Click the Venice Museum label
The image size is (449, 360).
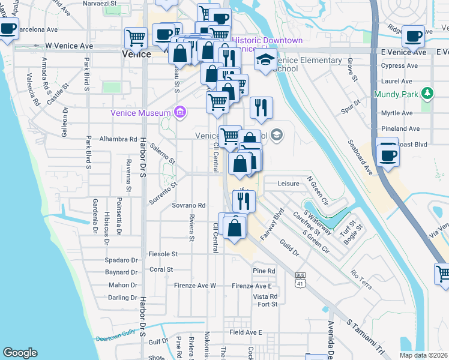[x=140, y=113]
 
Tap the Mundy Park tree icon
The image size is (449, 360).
[x=427, y=94]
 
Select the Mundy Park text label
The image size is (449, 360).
[x=396, y=94]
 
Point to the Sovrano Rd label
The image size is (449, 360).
[x=189, y=205]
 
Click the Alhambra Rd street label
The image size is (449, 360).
[x=118, y=138]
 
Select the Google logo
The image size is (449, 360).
[x=20, y=353]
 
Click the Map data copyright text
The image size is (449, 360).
[x=423, y=355]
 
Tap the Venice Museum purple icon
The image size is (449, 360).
[x=179, y=112]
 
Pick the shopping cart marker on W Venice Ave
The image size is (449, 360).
[x=136, y=38]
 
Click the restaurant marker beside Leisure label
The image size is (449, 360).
[x=244, y=201]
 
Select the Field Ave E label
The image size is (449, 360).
[x=246, y=332]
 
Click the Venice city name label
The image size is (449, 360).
[x=136, y=53]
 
